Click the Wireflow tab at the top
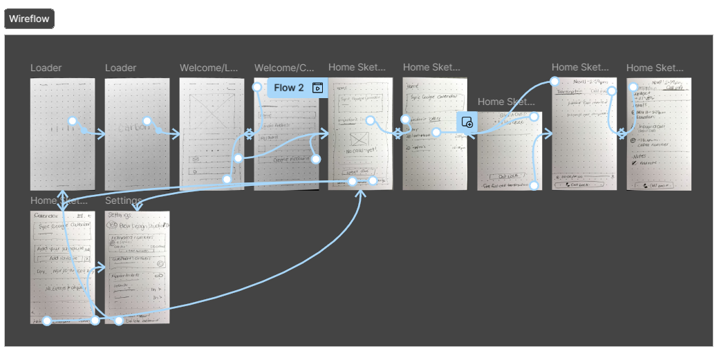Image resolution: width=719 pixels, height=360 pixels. [x=29, y=19]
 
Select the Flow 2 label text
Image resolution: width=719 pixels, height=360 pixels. [x=288, y=88]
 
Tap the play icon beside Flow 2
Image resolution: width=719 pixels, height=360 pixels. [x=317, y=88]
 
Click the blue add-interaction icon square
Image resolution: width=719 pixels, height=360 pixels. [x=467, y=122]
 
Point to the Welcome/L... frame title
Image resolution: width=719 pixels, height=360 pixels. [x=209, y=68]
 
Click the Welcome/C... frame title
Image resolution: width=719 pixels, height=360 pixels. [x=283, y=68]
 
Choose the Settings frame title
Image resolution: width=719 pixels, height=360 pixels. [x=123, y=200]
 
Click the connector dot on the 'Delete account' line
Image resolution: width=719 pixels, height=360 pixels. [x=119, y=321]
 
